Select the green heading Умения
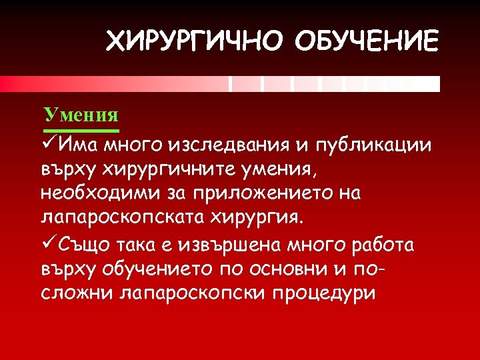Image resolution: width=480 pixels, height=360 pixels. coord(81,114)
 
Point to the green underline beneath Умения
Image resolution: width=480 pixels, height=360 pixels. coord(81,129)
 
